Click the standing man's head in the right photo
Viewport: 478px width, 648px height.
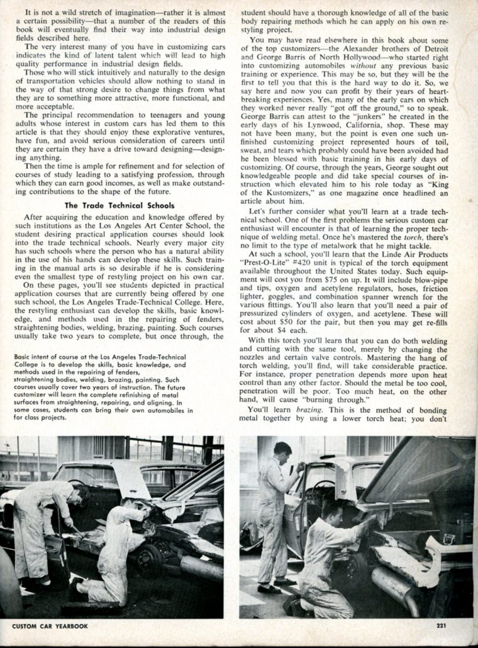282,452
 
